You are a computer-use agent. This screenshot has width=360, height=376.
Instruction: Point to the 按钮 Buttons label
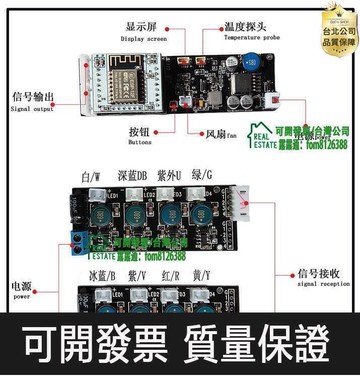[141, 133]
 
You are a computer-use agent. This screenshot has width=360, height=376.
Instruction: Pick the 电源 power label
[21, 290]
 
